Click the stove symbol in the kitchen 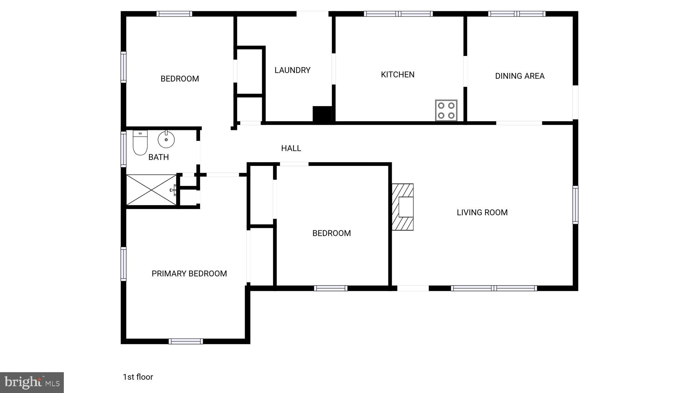click(446, 110)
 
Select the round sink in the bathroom click(166, 140)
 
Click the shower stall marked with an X click(151, 190)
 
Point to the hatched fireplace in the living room click(403, 207)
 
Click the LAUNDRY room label click(293, 70)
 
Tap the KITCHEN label click(398, 75)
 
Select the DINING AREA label click(519, 76)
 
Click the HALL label click(291, 148)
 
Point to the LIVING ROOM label click(482, 213)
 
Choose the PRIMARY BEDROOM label click(189, 274)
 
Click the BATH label click(158, 157)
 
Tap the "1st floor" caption click(138, 377)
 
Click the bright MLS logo click(32, 382)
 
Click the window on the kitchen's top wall click(398, 14)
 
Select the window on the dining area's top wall click(516, 14)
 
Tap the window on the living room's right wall click(575, 205)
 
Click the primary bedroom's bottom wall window click(186, 341)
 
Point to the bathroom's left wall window click(124, 149)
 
